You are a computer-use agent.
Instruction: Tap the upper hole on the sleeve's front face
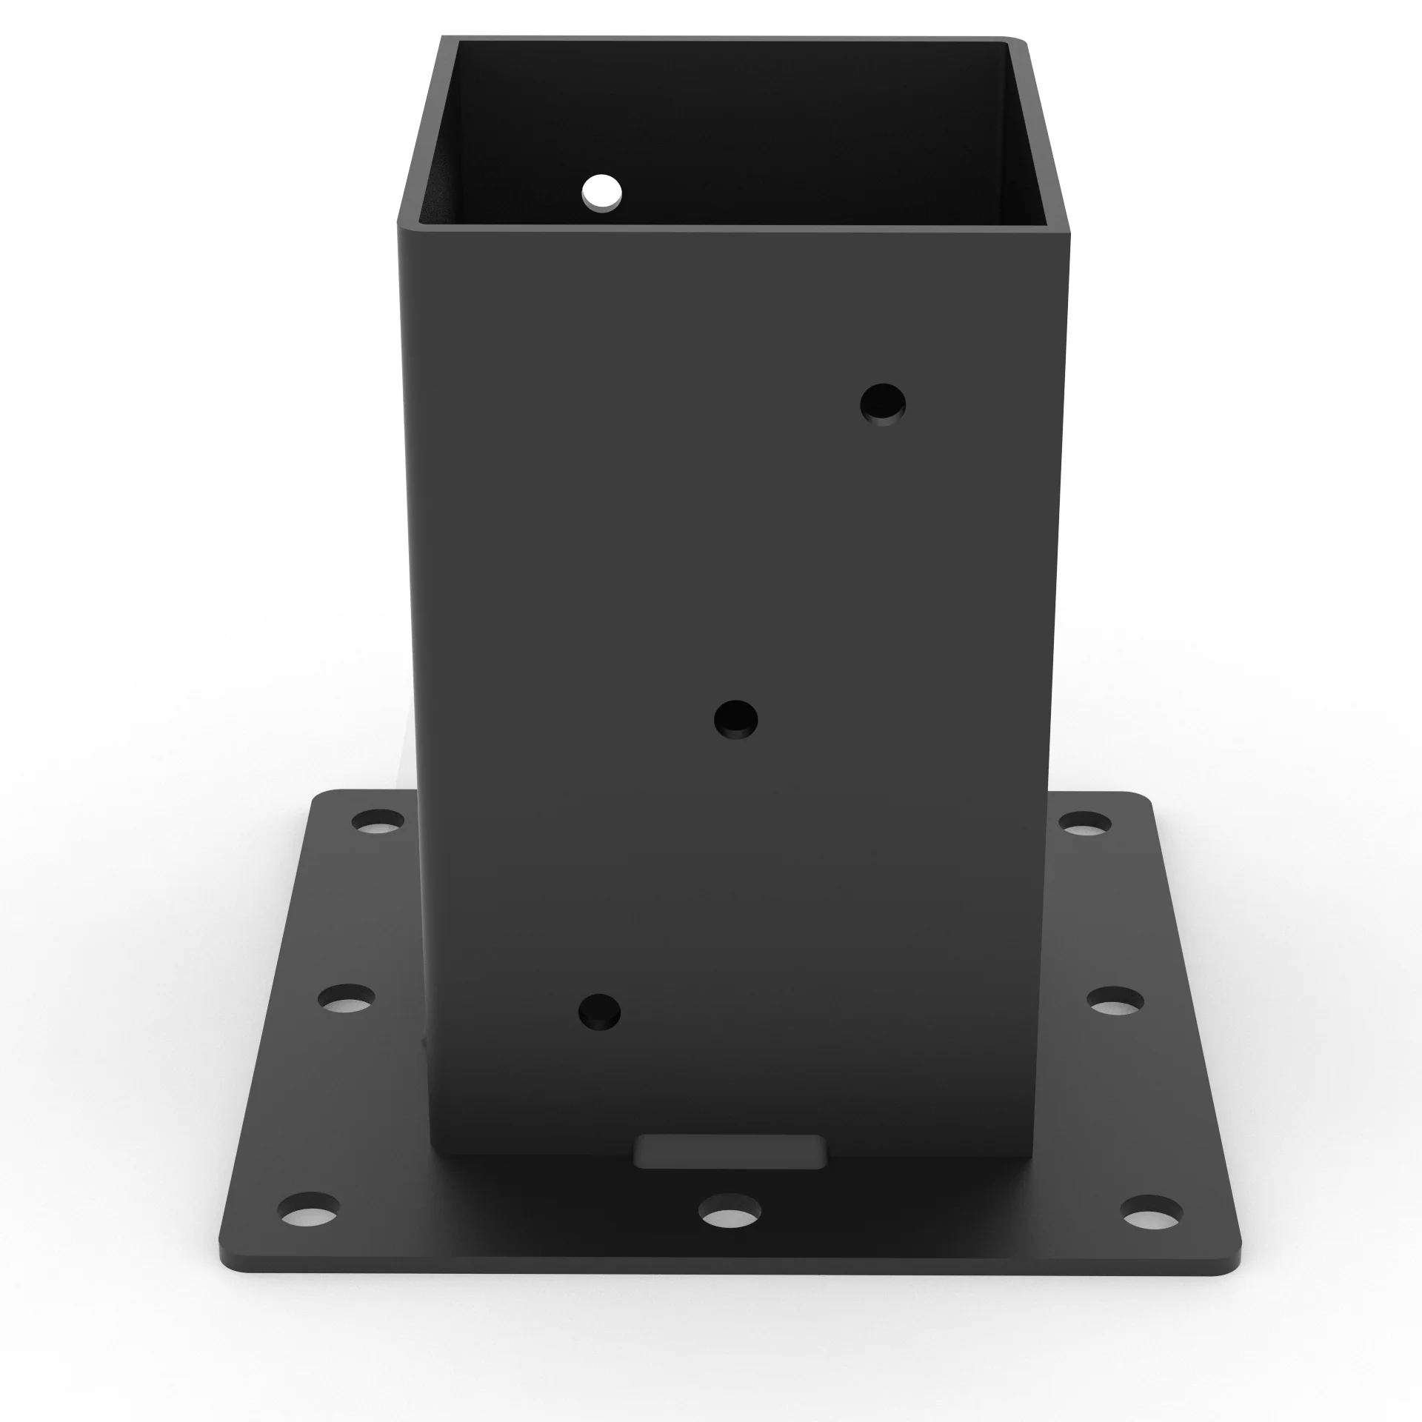coord(883,404)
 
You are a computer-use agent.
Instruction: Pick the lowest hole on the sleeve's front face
coord(599,1012)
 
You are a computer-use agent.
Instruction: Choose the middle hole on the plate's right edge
coord(1115,1001)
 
